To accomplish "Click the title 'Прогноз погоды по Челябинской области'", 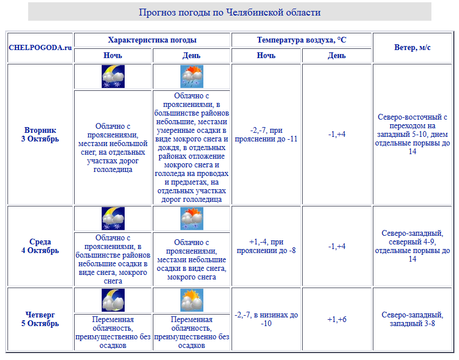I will point(229,12).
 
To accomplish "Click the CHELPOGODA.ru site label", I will point(40,48).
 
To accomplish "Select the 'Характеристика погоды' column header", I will point(152,40).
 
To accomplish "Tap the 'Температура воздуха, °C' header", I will point(302,40).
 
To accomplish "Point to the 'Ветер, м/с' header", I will point(412,48).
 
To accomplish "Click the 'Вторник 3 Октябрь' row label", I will point(40,134).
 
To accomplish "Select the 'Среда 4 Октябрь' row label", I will point(40,246).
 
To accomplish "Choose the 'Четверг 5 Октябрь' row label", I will point(40,319).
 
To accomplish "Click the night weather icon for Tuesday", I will point(113,76).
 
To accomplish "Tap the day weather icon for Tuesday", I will point(192,76).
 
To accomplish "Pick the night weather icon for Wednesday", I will point(113,219).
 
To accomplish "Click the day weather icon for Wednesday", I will point(192,219).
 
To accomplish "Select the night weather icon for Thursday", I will point(113,300).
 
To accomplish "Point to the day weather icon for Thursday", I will point(192,300).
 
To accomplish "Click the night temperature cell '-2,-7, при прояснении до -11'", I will point(266,134).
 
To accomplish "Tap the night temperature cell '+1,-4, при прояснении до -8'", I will point(266,246).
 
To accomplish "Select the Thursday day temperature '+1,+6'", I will point(337,319).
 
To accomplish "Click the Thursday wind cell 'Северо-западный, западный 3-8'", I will point(412,319).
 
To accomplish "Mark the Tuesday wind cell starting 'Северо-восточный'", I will point(412,134).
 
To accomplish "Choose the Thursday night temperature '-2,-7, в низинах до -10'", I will point(266,319).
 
